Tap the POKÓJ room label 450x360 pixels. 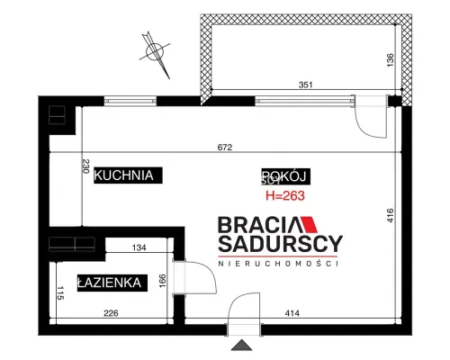click(286, 176)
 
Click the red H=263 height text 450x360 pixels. click(285, 195)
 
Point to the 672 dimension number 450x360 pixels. click(225, 148)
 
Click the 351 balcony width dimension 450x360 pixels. click(305, 85)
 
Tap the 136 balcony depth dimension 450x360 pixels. click(390, 60)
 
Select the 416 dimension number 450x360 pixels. click(390, 215)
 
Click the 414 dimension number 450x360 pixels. click(292, 313)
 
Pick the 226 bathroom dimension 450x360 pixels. click(111, 313)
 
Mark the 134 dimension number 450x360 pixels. click(139, 247)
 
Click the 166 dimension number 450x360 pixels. click(162, 281)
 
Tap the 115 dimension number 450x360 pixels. click(60, 293)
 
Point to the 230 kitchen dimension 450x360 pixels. click(85, 166)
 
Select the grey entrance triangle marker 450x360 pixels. click(241, 346)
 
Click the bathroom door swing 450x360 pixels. click(210, 272)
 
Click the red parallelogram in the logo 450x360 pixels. click(309, 224)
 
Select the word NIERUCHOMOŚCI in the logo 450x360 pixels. click(278, 264)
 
